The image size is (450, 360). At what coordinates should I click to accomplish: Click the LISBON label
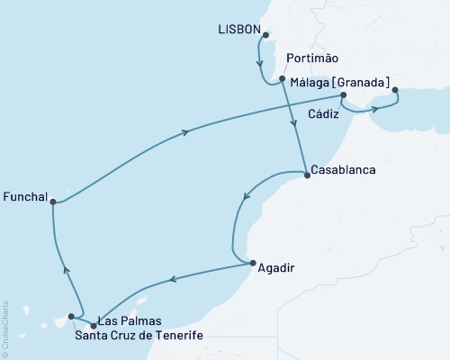click(x=239, y=31)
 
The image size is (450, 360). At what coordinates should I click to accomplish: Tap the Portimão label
click(x=311, y=59)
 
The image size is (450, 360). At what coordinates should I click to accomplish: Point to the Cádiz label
click(x=324, y=114)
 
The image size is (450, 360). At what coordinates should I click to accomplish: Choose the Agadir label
click(x=276, y=267)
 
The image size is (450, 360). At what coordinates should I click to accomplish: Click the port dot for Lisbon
click(x=266, y=36)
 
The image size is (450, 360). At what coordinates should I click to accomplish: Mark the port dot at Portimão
click(x=283, y=78)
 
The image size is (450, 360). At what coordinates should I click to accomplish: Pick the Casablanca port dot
click(x=307, y=175)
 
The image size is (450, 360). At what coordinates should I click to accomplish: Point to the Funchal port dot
click(x=54, y=202)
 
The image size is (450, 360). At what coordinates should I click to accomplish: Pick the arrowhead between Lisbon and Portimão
click(x=260, y=65)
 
